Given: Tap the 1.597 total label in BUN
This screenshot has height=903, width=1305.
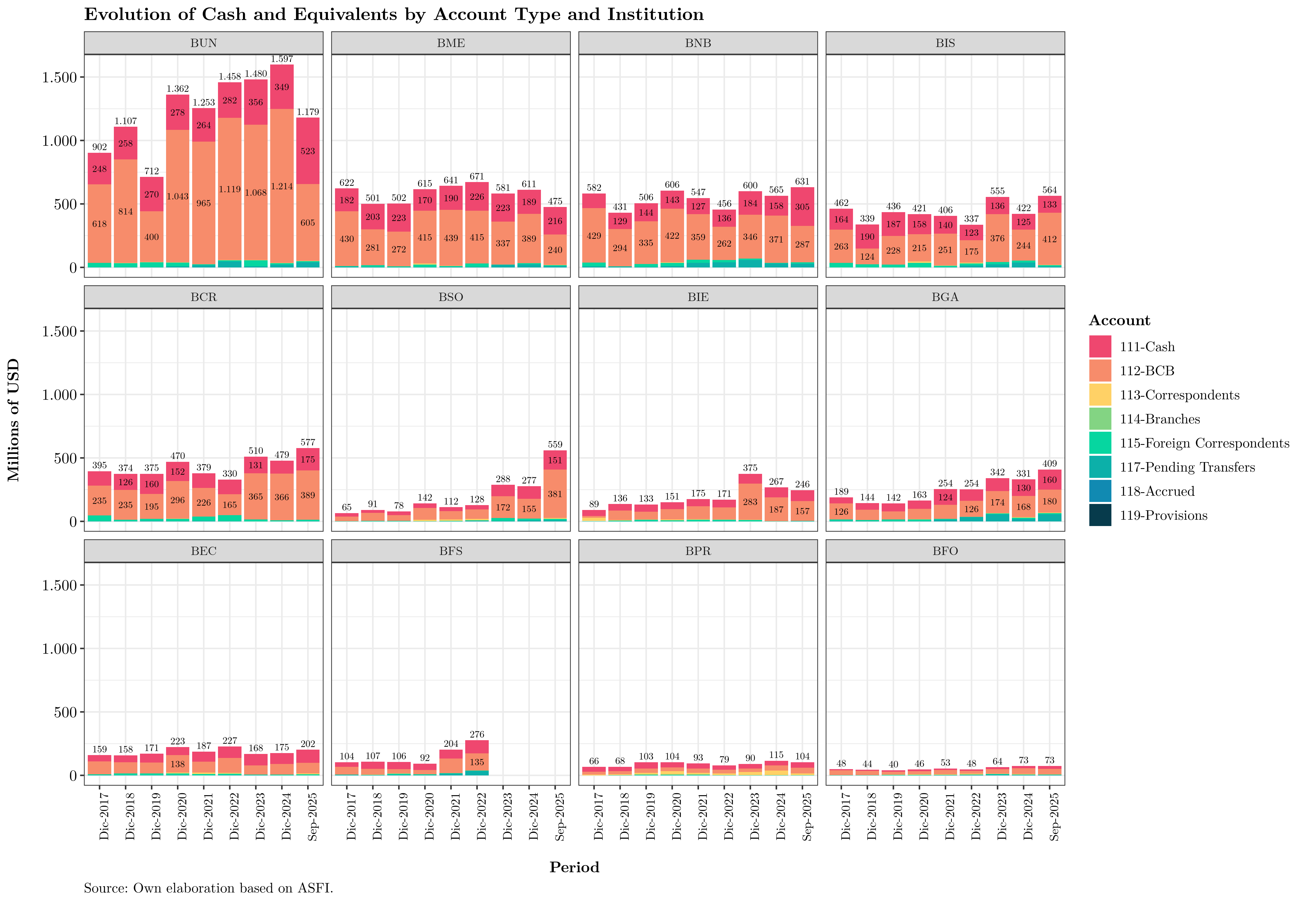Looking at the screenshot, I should pyautogui.click(x=282, y=59).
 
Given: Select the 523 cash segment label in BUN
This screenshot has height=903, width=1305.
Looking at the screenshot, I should pyautogui.click(x=308, y=151).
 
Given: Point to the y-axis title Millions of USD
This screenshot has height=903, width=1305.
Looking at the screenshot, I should pyautogui.click(x=13, y=420).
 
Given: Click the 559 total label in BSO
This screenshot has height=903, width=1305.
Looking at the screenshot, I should pyautogui.click(x=555, y=445).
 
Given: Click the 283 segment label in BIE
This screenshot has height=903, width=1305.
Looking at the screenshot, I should pyautogui.click(x=750, y=502).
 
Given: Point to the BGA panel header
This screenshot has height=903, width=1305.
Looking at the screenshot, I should pyautogui.click(x=945, y=297).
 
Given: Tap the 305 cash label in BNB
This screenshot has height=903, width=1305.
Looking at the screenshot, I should pyautogui.click(x=803, y=207).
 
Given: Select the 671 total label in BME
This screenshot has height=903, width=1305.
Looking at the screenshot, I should pyautogui.click(x=477, y=177).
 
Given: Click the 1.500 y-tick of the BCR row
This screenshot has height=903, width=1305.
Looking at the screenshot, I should pyautogui.click(x=59, y=332).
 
